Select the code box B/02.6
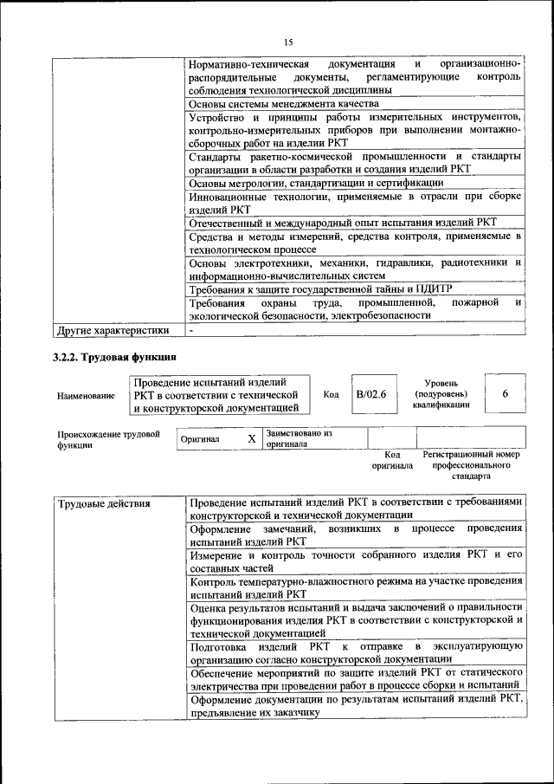370,395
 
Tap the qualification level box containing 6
505,394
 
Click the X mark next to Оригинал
251,439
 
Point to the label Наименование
86,396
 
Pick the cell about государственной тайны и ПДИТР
320,288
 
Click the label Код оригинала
392,459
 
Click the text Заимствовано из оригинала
299,438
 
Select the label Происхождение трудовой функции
108,439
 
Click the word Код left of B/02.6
331,395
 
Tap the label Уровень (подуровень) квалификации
441,393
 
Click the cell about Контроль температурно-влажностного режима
356,588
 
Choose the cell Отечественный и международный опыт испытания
343,222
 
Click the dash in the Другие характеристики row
191,330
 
